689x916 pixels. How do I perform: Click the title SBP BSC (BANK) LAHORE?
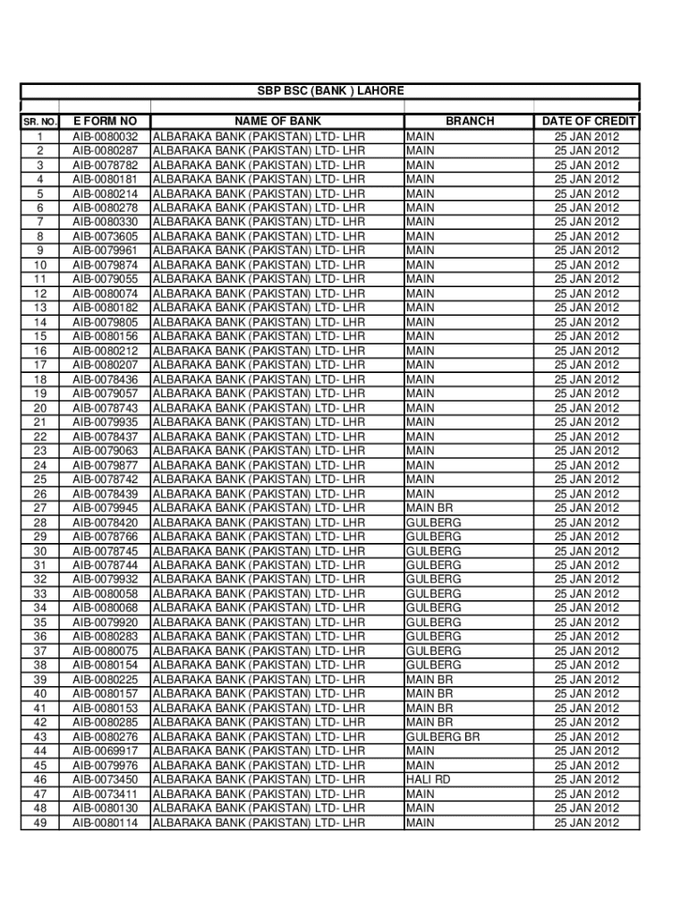[330, 91]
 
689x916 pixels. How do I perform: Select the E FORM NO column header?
[105, 121]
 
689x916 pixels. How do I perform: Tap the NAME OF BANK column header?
[277, 121]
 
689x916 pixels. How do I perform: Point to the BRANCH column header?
[469, 121]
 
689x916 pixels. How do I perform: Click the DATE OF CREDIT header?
[588, 121]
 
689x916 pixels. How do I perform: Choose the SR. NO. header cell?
[39, 122]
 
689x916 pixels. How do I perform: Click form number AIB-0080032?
[105, 137]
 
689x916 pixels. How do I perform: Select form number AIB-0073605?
[105, 236]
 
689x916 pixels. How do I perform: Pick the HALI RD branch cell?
[428, 780]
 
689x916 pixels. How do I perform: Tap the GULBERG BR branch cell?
[442, 737]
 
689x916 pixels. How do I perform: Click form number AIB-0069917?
[105, 751]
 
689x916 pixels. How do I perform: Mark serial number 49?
[39, 823]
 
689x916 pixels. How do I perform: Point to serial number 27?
[39, 508]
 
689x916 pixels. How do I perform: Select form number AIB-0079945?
[105, 508]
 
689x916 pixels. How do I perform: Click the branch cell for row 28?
[433, 522]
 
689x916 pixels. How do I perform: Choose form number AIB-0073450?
[105, 780]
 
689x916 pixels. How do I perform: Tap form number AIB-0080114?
[105, 823]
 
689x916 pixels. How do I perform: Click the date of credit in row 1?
[586, 137]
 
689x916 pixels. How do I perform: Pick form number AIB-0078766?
[105, 537]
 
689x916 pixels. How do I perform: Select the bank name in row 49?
[259, 823]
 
